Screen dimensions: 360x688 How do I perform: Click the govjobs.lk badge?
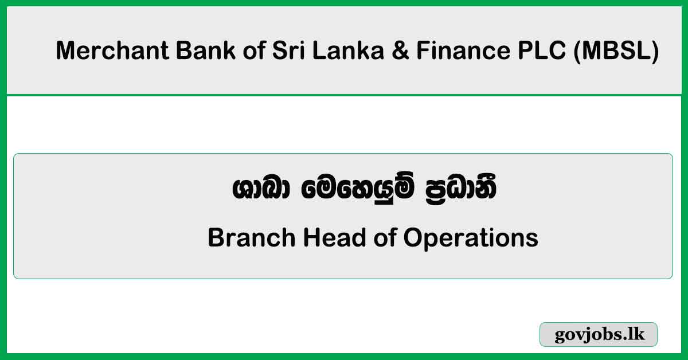click(599, 335)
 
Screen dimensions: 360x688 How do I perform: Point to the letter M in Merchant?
click(65, 52)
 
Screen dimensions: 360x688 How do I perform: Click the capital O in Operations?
click(414, 237)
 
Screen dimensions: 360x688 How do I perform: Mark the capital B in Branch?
click(215, 237)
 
